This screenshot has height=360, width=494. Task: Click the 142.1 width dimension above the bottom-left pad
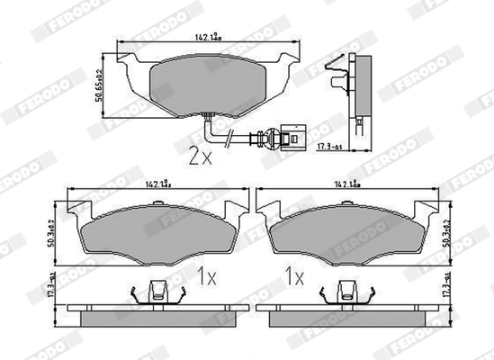155,184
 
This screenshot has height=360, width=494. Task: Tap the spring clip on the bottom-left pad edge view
157,292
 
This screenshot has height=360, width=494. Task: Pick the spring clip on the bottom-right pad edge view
344,292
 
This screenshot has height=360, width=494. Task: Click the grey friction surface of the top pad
207,85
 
